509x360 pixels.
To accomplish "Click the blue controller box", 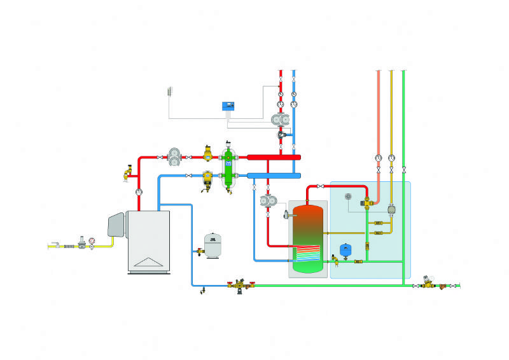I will tap(227, 106).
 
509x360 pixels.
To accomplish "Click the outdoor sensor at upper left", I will tap(170, 92).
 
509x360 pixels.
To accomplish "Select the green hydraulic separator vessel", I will tap(228, 167).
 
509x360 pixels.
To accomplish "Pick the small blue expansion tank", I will tap(346, 250).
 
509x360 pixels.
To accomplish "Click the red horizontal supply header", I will tap(274, 156).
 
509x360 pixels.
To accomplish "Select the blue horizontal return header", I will tap(274, 175).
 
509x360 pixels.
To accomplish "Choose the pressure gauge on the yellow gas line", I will tap(93, 241).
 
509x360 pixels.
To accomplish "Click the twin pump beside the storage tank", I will tap(267, 201).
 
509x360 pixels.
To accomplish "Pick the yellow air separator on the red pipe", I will tap(208, 153).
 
